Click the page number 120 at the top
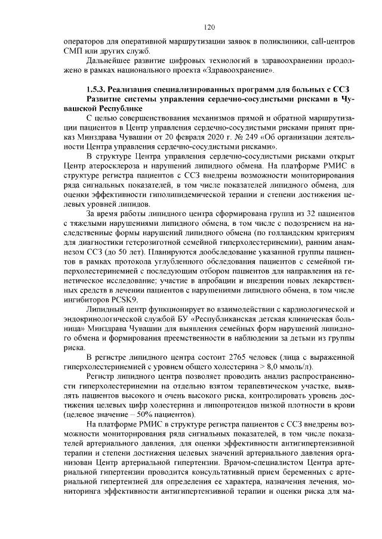[x=208, y=27]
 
